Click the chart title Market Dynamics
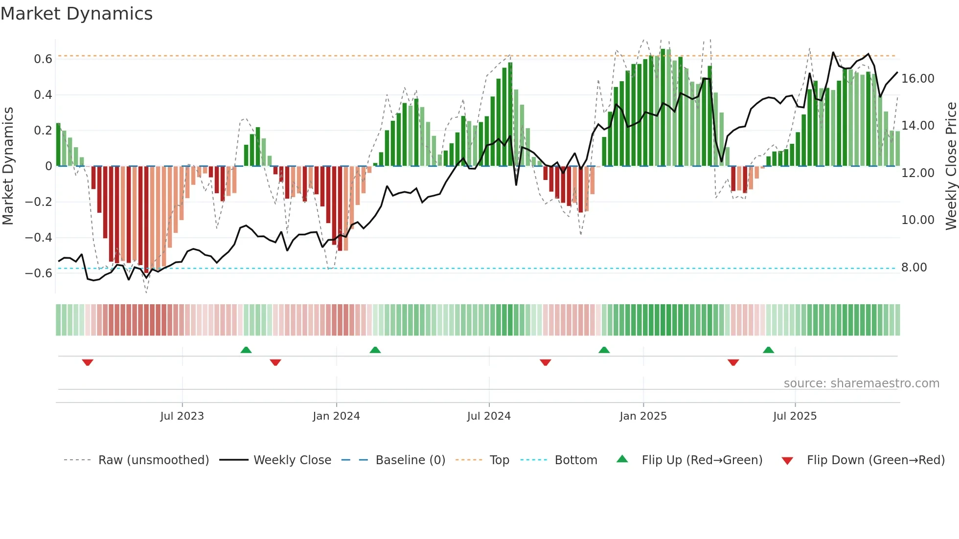click(76, 14)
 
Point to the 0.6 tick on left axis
click(43, 59)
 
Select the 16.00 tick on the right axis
click(917, 79)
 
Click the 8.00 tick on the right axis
click(913, 268)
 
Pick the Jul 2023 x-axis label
click(182, 416)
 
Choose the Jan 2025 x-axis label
click(642, 416)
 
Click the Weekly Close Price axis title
click(951, 166)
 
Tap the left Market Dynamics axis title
click(8, 166)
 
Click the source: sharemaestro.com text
click(861, 383)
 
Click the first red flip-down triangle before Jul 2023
click(88, 362)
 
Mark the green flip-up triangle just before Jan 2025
click(604, 350)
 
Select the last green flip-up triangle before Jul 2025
click(768, 350)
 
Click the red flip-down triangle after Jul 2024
click(545, 362)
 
